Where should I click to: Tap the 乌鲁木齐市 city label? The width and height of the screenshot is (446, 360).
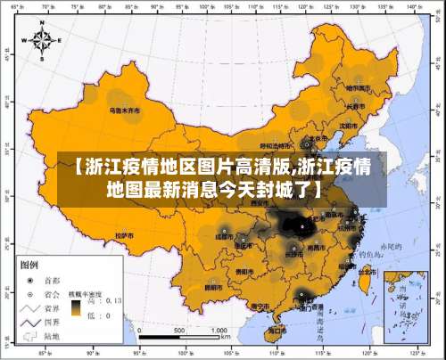pos(124,111)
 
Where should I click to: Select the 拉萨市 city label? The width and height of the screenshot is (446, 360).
pos(125,235)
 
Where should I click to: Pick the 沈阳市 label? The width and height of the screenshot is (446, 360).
pos(351,125)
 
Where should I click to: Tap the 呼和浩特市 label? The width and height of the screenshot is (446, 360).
pos(276,144)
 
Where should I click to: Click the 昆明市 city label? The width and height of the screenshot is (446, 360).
pos(214,287)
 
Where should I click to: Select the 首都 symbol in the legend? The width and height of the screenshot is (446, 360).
pos(29,278)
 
